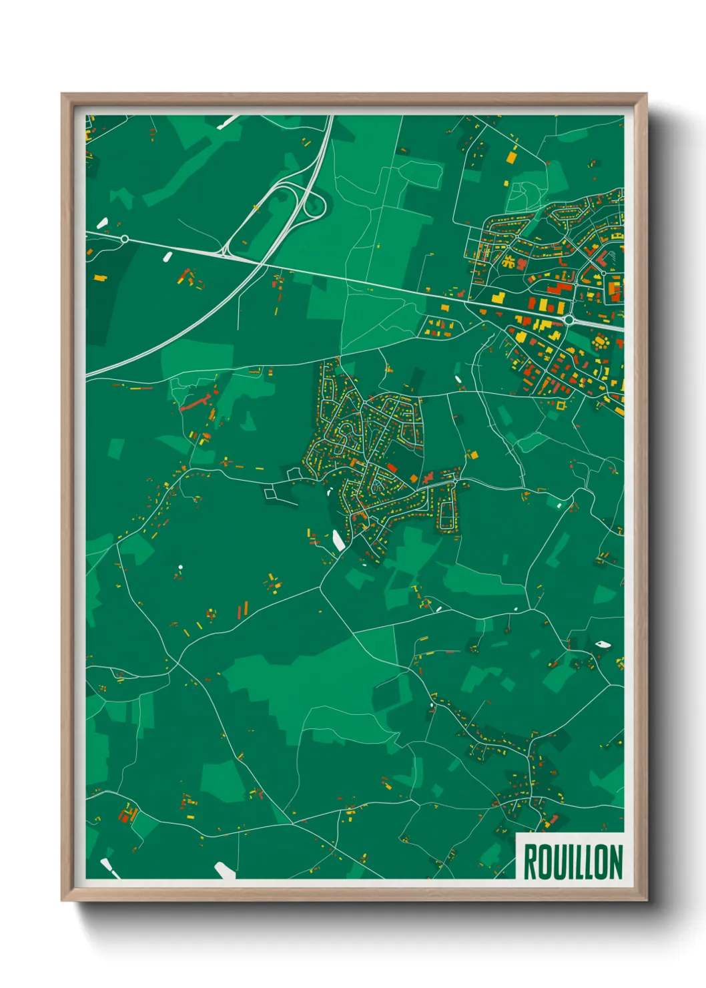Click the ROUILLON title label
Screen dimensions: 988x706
coord(572,861)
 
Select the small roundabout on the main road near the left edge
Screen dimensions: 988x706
coord(125,238)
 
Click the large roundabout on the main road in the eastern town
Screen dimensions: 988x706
coord(569,320)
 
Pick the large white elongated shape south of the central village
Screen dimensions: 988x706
coord(338,540)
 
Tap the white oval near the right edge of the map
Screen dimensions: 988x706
coord(602,644)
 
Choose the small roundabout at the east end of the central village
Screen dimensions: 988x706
coord(455,481)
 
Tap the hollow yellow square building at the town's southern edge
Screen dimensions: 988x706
coord(560,405)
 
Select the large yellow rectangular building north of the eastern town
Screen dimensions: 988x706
coord(511,158)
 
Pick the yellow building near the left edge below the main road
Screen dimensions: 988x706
coord(99,277)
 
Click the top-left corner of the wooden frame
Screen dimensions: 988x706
coord(62,94)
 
